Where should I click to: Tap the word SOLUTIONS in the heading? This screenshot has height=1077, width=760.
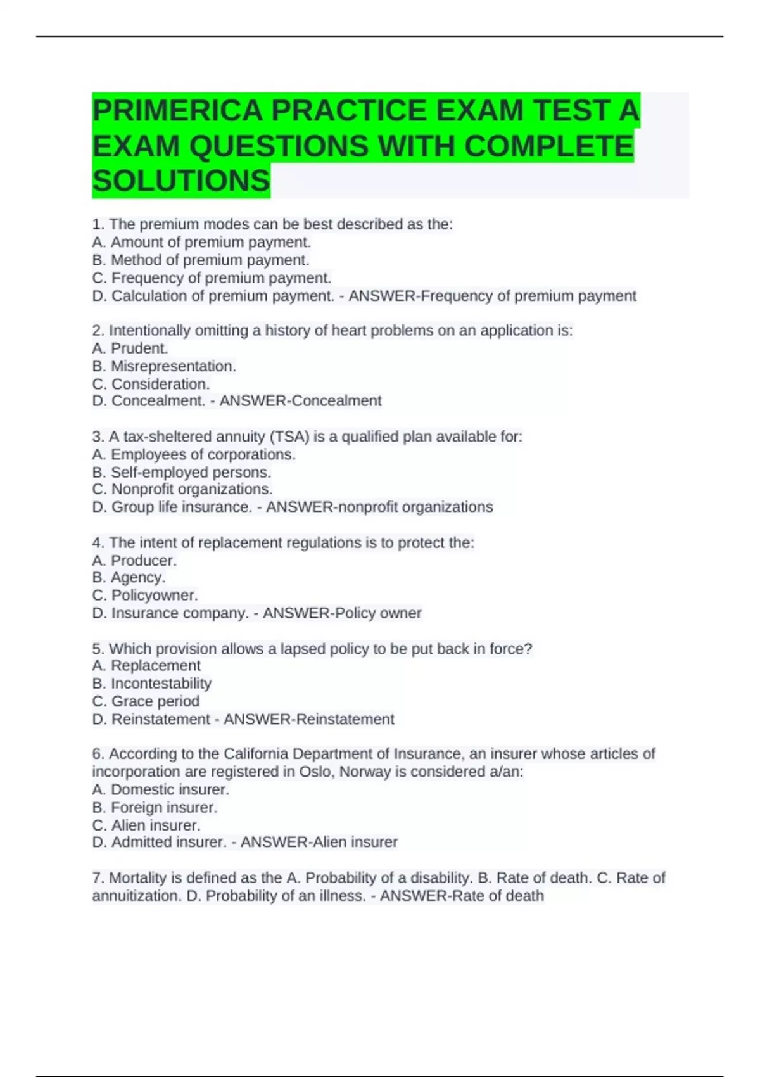pos(181,181)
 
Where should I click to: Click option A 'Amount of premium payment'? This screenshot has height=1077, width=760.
pos(201,242)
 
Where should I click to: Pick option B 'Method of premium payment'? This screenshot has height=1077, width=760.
pos(201,260)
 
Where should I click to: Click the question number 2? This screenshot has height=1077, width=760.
pos(98,331)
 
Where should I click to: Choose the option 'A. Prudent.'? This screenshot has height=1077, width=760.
pos(130,348)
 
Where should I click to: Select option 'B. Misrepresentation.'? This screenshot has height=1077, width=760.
pos(164,366)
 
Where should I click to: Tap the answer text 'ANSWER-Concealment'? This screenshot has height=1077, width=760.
pos(300,401)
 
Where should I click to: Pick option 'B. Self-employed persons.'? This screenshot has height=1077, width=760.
pos(181,472)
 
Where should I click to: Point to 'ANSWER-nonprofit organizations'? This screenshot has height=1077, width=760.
pos(379,507)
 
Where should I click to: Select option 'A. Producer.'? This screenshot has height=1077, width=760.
pos(134,561)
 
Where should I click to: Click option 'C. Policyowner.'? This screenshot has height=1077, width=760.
pos(145,596)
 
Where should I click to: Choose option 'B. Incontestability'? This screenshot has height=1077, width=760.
pos(152,684)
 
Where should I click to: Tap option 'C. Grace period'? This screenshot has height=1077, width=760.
pos(146,701)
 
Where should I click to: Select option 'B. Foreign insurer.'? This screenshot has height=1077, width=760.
pos(155,808)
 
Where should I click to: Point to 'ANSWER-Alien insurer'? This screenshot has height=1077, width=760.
pos(319,842)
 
